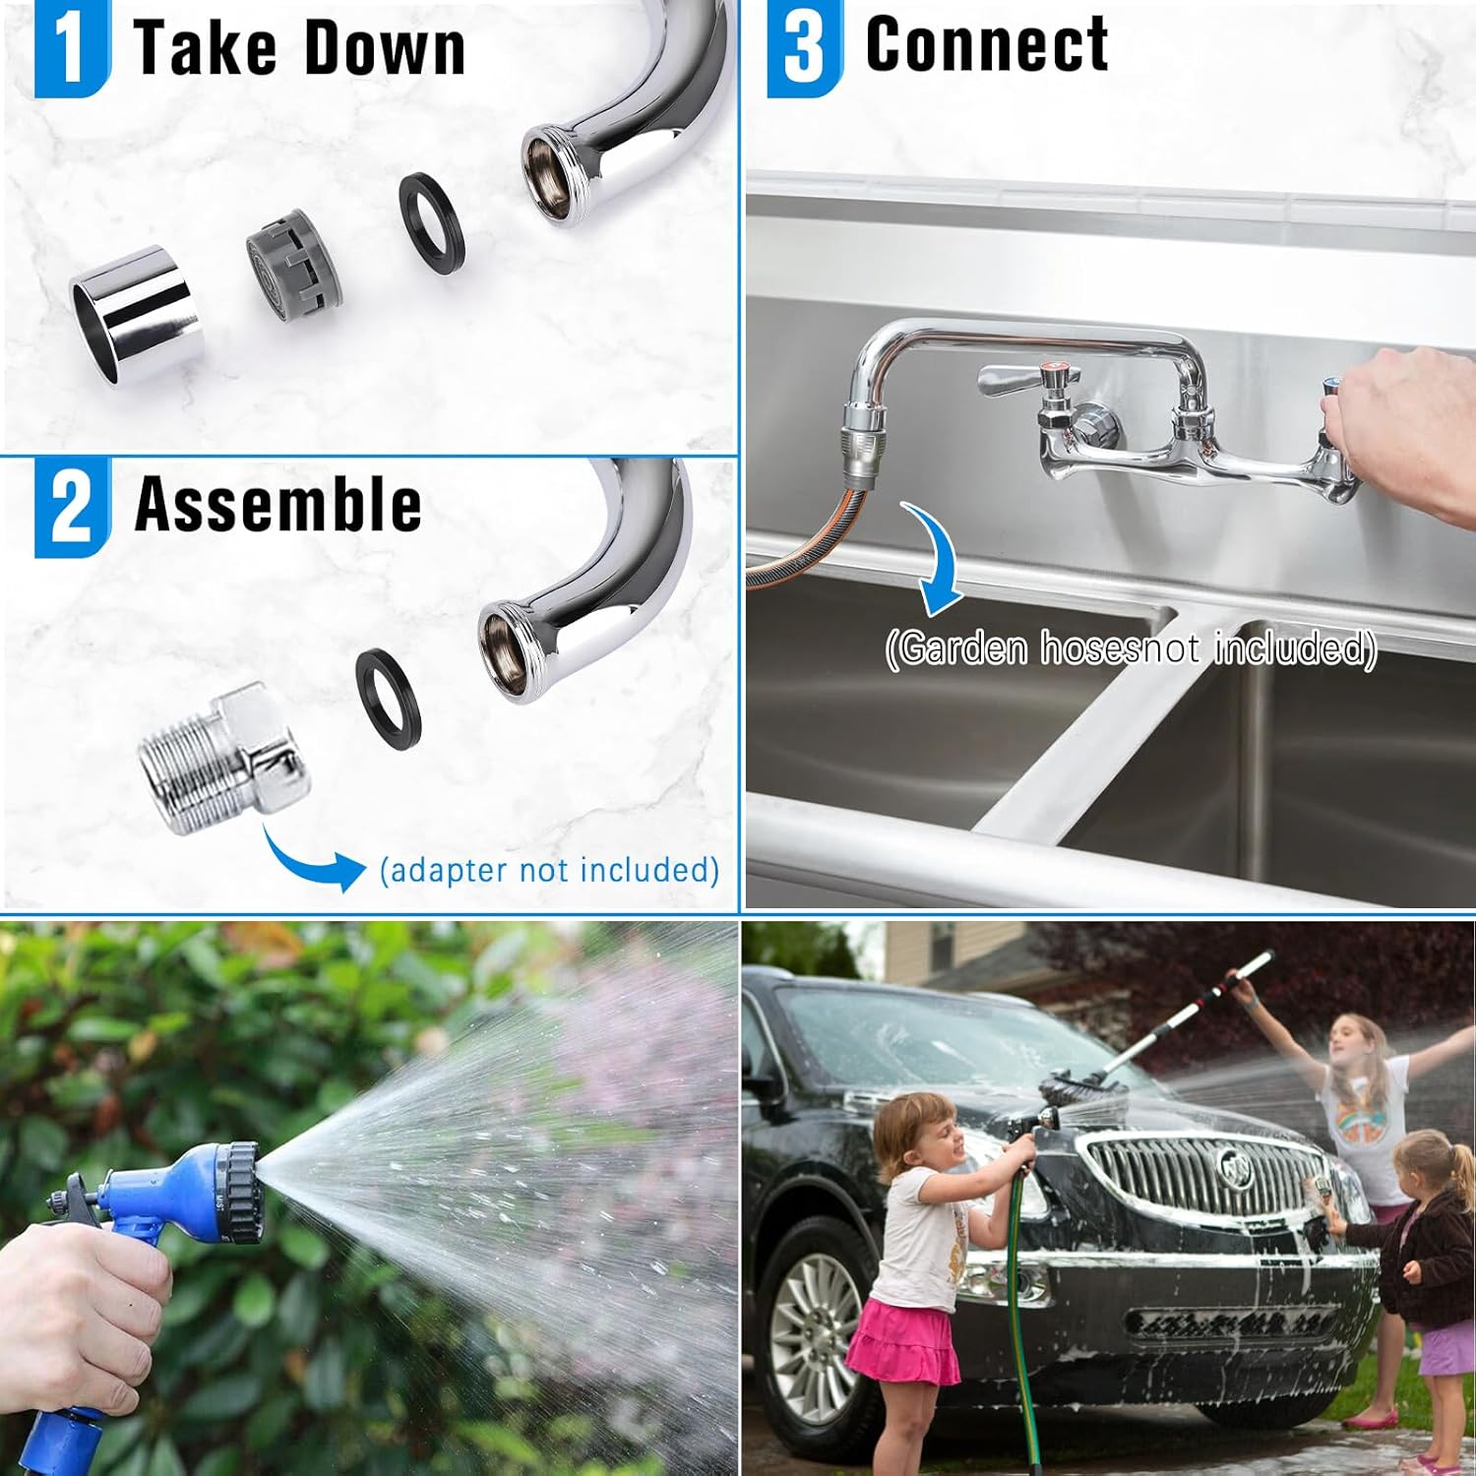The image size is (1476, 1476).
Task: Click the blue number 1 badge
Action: click(x=72, y=48)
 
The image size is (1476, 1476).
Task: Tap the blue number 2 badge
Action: click(x=72, y=507)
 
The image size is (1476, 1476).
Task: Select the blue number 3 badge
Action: click(x=804, y=48)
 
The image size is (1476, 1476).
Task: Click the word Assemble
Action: click(x=278, y=504)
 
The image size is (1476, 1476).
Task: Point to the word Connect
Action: click(x=987, y=44)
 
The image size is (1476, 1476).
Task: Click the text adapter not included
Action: click(x=549, y=870)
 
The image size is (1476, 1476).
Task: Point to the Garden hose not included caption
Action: click(x=1131, y=648)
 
